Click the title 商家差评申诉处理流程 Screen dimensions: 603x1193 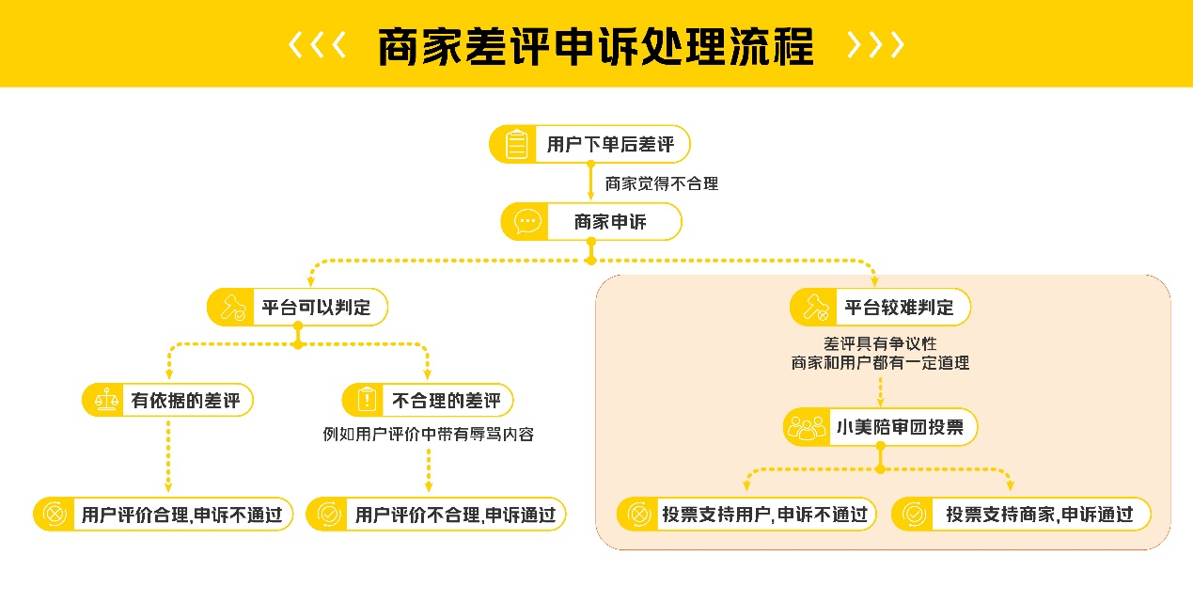pos(595,46)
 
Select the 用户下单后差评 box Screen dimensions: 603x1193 pos(589,144)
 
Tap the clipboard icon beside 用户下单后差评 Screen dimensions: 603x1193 pos(515,145)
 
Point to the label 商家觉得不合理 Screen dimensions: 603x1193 pos(661,184)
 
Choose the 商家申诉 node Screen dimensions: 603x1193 pos(591,222)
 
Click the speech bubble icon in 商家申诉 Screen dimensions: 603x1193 pos(526,222)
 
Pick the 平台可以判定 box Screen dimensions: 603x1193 pos(297,307)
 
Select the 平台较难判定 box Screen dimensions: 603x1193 pos(880,307)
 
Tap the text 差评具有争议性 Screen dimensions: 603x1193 pos(880,343)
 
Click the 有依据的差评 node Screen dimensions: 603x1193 pos(168,401)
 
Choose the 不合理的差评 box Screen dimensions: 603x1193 pos(429,401)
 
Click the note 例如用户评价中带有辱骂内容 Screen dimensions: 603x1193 pos(428,434)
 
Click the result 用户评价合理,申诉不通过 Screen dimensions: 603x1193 pos(164,515)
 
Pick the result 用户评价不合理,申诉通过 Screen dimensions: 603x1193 pos(436,515)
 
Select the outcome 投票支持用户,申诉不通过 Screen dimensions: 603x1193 pos(746,515)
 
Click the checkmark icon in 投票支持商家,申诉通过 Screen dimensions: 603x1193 pos(913,515)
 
